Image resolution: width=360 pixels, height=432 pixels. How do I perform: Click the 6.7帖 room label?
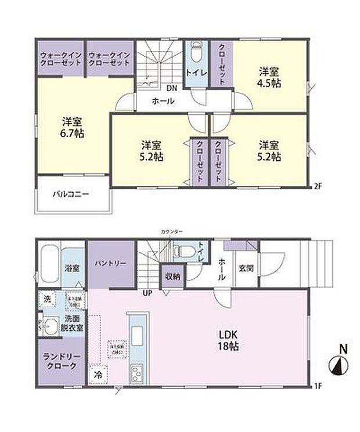(x=73, y=127)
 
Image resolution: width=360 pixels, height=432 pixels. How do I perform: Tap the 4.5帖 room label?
(x=270, y=77)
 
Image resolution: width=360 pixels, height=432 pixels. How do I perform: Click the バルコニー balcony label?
(x=71, y=194)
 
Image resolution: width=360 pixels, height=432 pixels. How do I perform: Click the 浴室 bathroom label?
(x=73, y=269)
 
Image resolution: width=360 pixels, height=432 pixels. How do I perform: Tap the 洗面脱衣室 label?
(x=73, y=323)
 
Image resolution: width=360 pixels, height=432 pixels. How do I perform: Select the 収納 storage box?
(x=173, y=276)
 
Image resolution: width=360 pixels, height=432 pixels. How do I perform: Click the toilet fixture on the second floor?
(x=195, y=56)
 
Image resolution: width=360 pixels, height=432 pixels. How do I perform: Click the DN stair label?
(x=172, y=89)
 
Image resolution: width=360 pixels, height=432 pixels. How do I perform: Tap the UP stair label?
(x=148, y=293)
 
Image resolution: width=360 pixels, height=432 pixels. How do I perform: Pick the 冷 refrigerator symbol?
(x=99, y=376)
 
